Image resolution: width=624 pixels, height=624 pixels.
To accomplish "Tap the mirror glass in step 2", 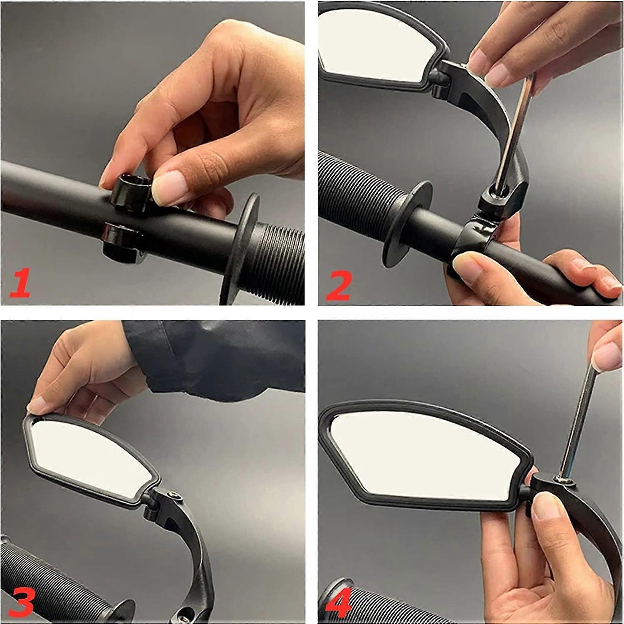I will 374,46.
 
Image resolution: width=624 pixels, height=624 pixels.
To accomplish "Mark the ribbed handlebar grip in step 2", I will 354,191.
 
